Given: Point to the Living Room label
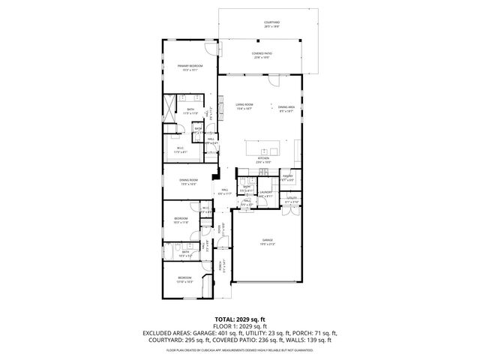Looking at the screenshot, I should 244,106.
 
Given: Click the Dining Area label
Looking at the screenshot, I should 286,108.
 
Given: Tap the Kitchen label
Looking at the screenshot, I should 263,160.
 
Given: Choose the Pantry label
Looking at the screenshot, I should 286,177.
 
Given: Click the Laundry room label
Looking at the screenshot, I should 265,192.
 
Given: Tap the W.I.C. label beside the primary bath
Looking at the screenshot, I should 181,148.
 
